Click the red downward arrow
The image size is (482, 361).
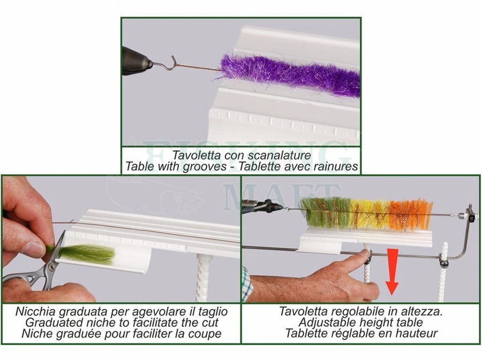(392, 272)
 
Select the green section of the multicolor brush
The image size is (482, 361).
(325, 214)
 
